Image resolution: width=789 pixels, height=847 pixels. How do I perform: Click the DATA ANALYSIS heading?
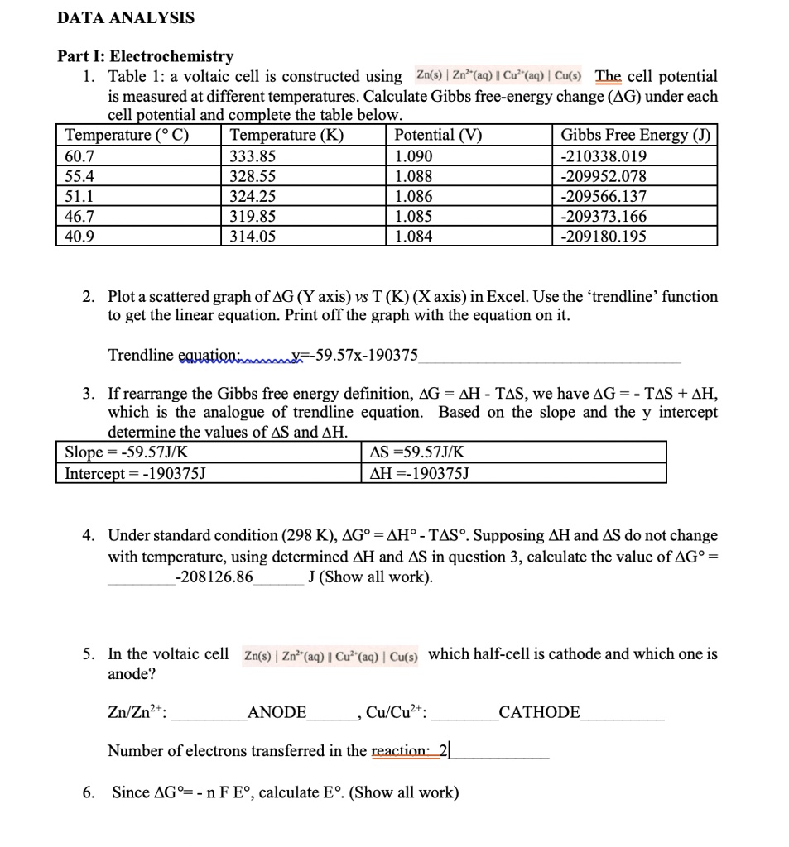[x=126, y=17]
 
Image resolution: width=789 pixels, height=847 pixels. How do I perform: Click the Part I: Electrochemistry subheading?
[x=145, y=56]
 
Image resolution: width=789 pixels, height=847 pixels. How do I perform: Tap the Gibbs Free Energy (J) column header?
[x=635, y=136]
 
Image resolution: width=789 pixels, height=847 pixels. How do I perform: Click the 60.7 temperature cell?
[x=79, y=156]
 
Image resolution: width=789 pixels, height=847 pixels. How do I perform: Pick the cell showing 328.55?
[x=253, y=176]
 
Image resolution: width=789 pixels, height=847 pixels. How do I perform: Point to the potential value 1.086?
[x=414, y=196]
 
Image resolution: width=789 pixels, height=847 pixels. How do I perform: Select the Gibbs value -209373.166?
[x=604, y=216]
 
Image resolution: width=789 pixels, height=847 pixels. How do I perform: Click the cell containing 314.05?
[x=253, y=236]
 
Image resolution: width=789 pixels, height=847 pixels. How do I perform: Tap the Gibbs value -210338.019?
[x=604, y=156]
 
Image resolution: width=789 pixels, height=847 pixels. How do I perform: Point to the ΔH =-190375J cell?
[x=419, y=473]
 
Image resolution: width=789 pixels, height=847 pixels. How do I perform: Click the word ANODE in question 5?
[x=277, y=712]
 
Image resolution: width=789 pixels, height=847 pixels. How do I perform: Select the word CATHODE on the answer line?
[x=539, y=712]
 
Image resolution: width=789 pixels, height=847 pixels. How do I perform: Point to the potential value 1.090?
[x=414, y=156]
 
